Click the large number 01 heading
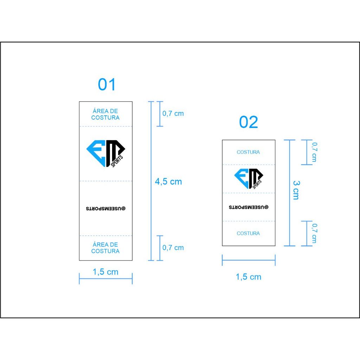tap(107, 84)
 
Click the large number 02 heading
tap(249, 122)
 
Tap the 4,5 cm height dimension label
tap(168, 182)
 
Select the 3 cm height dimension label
tap(296, 190)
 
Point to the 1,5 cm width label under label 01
tap(105, 272)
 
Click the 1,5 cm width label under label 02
tap(249, 277)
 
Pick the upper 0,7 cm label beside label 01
tap(173, 114)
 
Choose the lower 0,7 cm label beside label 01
tap(173, 247)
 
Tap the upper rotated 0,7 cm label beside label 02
tap(314, 152)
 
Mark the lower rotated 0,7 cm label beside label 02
tap(314, 233)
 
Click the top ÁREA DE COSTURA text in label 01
tap(105, 114)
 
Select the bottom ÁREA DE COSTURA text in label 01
tap(105, 248)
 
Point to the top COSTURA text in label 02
tap(248, 152)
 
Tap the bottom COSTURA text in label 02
tap(248, 233)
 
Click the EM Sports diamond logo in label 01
tap(105, 153)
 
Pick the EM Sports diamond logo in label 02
tap(249, 179)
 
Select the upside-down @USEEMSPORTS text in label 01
tap(105, 208)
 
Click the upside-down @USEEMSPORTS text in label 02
tap(249, 207)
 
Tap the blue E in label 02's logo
tap(242, 178)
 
